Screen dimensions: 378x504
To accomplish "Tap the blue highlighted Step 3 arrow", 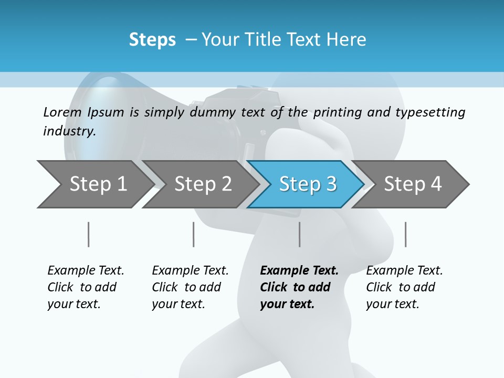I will coord(307,184).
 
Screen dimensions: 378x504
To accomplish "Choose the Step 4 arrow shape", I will coord(412,184).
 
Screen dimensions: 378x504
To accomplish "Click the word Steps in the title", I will coord(152,39).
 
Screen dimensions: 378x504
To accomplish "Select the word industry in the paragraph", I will coord(69,131).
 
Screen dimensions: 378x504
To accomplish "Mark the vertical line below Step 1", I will coord(89,234).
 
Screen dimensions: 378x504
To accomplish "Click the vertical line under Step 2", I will coord(194,234).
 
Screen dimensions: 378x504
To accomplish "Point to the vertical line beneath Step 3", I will coord(300,234).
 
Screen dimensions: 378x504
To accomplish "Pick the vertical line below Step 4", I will coord(405,234).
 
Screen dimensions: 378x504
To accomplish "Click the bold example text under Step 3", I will coord(299,287).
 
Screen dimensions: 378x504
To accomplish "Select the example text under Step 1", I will coord(86,287).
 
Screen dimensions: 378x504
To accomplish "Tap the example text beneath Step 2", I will coord(190,287).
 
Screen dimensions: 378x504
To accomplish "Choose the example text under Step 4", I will coord(404,287).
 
